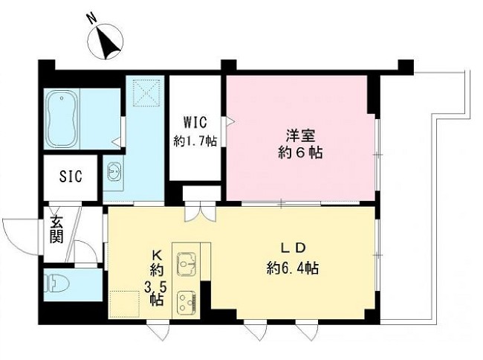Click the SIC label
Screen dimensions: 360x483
70,177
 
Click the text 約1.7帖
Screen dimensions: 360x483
195,140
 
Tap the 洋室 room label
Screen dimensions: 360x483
301,135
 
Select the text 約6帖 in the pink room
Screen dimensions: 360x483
301,154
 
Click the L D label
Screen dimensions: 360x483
294,248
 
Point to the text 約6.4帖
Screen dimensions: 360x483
293,268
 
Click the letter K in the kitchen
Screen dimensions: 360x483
157,251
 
